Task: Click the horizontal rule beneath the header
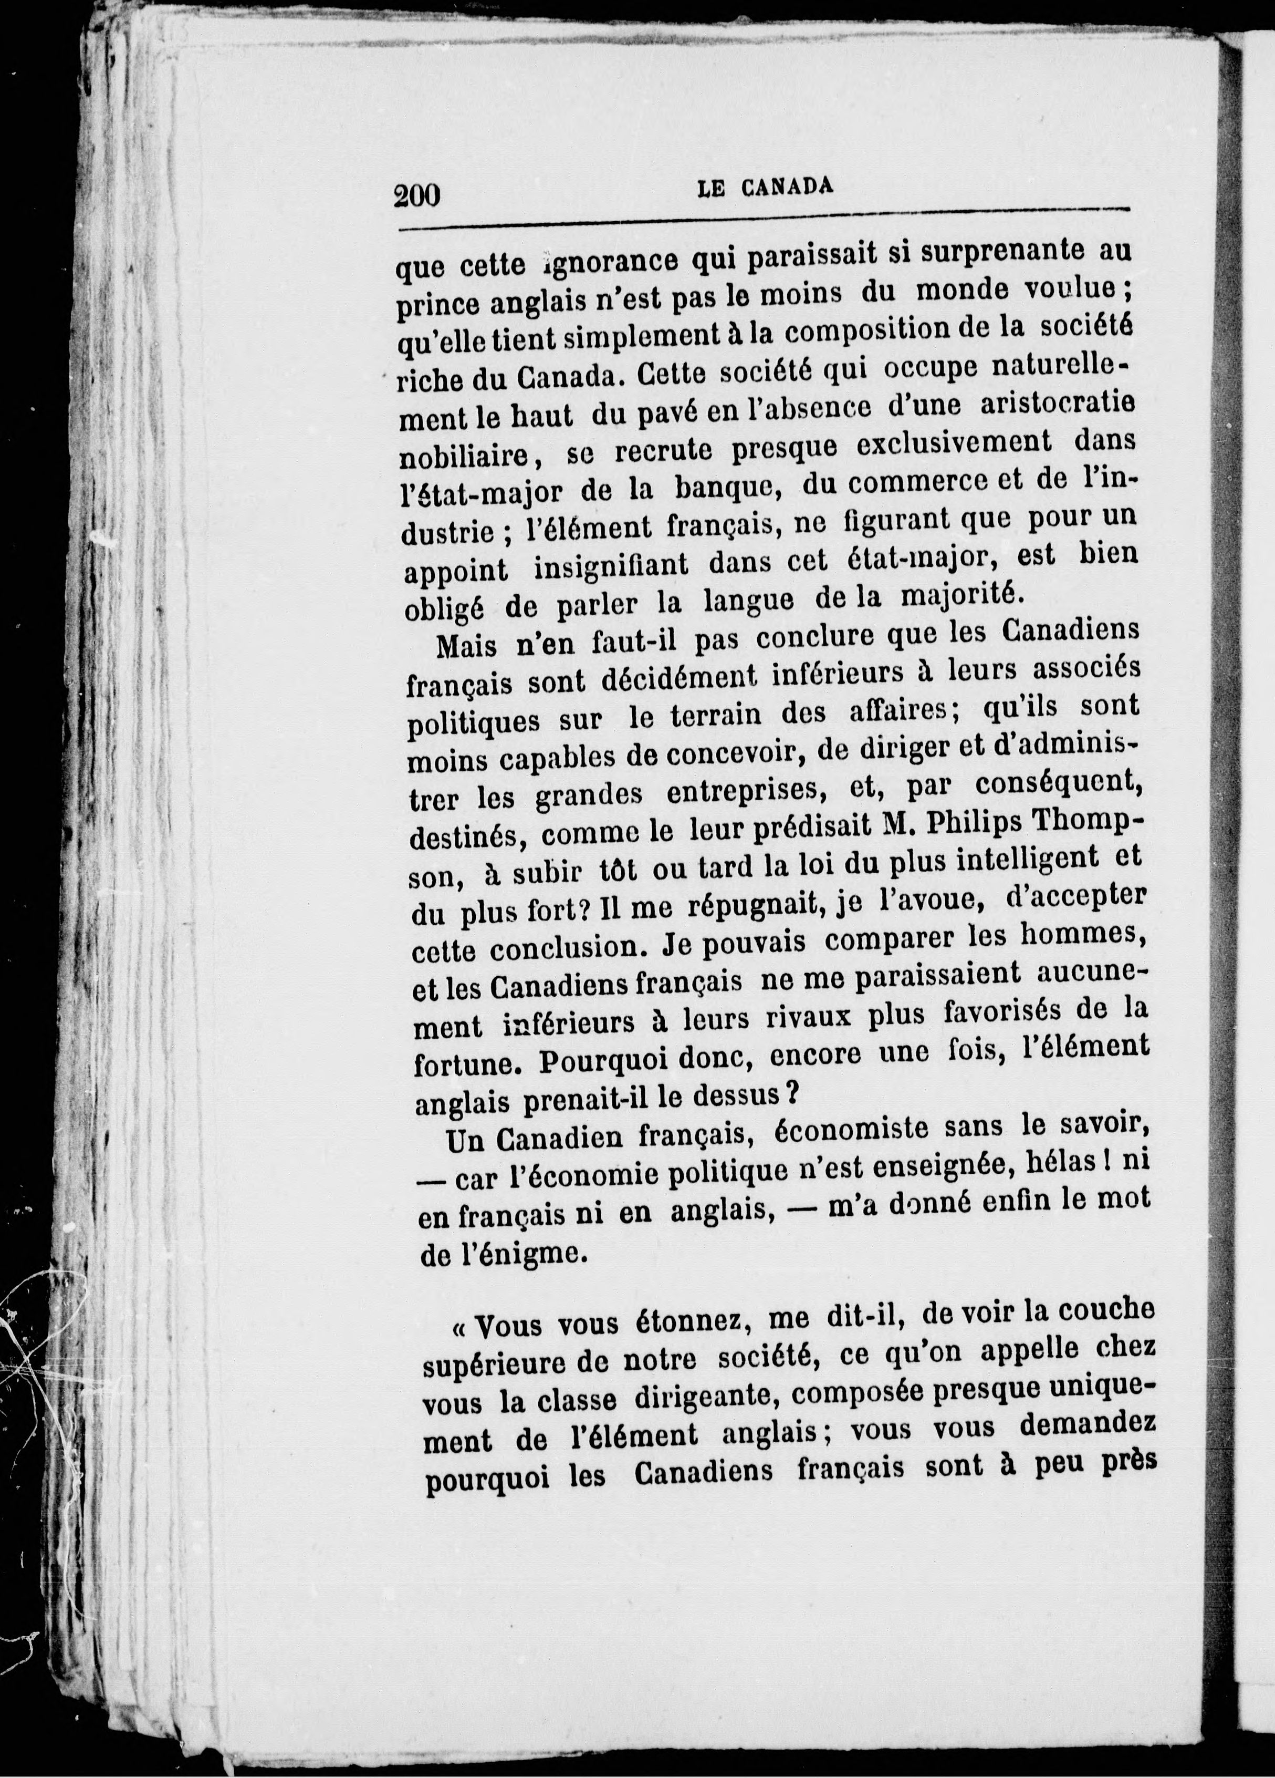(764, 221)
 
